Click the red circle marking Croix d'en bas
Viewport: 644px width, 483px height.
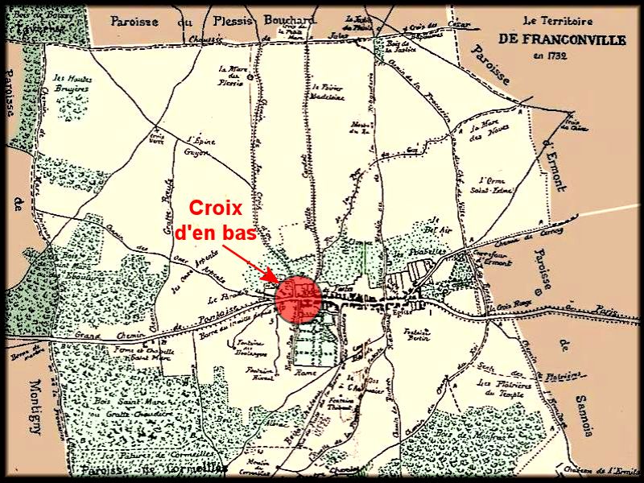tap(299, 298)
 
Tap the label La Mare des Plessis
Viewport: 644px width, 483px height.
tap(233, 73)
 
